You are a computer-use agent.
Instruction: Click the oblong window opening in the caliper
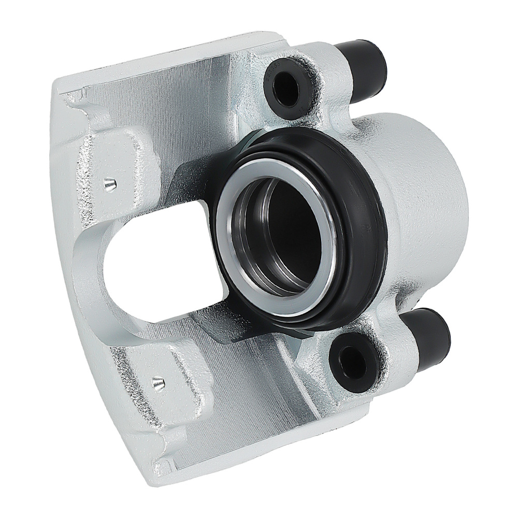(150, 280)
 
